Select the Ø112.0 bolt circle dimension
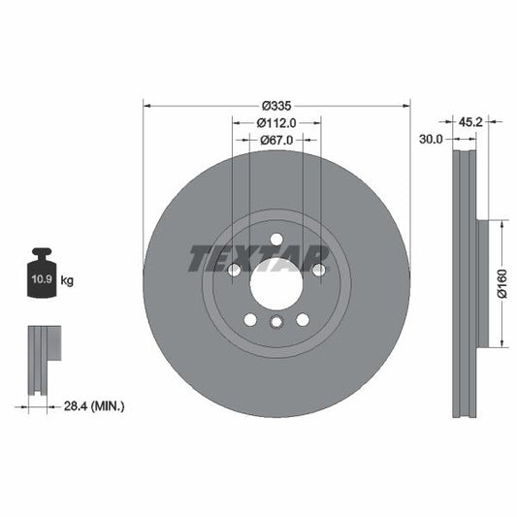[x=276, y=123]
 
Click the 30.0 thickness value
[x=431, y=140]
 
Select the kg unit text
[x=68, y=280]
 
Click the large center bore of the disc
[x=276, y=284]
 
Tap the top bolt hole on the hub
[x=276, y=240]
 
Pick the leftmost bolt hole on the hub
[x=234, y=271]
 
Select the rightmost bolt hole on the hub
[x=318, y=271]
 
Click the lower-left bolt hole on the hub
[x=250, y=319]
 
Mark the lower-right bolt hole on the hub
[x=303, y=319]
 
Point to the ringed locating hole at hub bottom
[x=276, y=324]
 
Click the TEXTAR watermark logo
[x=258, y=258]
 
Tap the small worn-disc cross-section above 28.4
[x=43, y=359]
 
